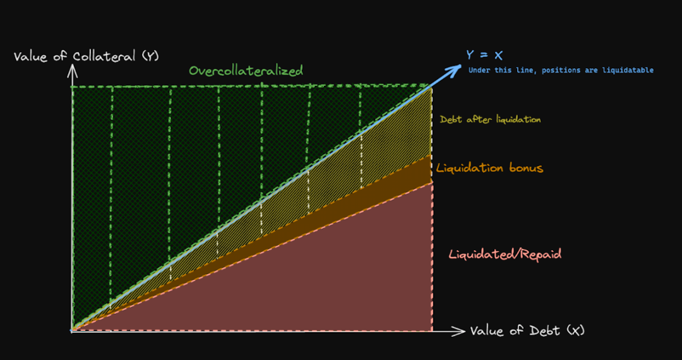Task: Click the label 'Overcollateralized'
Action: tap(246, 71)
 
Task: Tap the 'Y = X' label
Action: tap(484, 55)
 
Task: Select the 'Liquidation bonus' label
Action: tap(490, 168)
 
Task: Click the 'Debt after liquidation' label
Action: tap(490, 119)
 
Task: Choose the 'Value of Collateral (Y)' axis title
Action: tap(87, 56)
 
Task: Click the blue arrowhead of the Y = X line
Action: tap(455, 69)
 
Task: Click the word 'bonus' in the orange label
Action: tap(525, 168)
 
